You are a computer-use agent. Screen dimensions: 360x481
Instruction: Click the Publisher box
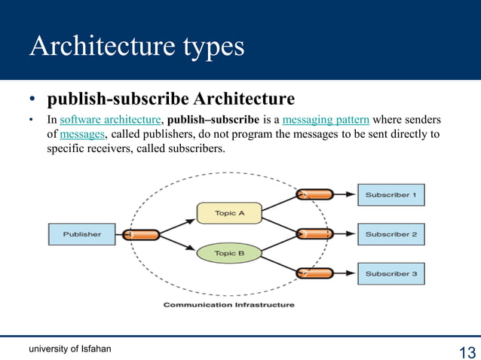pos(81,234)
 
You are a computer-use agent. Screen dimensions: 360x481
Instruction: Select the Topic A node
pos(229,213)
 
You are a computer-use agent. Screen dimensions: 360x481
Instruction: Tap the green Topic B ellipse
pos(229,254)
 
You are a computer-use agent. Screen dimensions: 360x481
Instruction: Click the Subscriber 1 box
pos(391,195)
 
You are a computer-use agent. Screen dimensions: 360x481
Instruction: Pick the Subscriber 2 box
pos(391,234)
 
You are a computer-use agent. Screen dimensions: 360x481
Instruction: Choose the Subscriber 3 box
pos(391,273)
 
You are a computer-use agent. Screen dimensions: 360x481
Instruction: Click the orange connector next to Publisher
pos(141,234)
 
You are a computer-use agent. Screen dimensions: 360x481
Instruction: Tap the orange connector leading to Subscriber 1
pos(314,194)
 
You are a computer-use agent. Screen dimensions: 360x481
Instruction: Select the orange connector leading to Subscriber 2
pos(314,234)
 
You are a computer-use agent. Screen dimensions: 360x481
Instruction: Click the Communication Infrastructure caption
pos(229,305)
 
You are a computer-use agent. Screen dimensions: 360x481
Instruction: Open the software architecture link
pos(111,121)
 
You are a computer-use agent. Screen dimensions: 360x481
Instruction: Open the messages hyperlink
pos(83,134)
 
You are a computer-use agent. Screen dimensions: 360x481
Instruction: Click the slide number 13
pos(466,352)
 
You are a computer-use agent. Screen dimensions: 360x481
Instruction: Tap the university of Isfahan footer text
pos(70,349)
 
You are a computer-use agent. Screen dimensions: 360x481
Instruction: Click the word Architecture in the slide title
pos(100,46)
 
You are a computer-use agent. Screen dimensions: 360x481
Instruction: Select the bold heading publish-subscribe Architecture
pos(171,99)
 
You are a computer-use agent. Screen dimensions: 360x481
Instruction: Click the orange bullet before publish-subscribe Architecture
pos(33,100)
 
